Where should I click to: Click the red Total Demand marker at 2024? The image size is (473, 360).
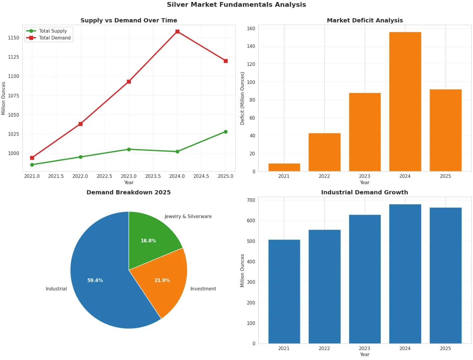(x=177, y=31)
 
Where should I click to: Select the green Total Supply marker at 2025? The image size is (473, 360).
(x=225, y=132)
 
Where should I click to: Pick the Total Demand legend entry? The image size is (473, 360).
(x=48, y=38)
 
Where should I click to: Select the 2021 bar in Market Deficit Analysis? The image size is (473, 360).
(x=284, y=167)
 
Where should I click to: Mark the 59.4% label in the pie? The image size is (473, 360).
(x=95, y=280)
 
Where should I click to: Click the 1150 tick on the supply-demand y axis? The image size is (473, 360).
(x=14, y=38)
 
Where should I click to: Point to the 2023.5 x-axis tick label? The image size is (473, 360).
(x=153, y=176)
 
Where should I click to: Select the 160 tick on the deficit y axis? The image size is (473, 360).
(x=251, y=28)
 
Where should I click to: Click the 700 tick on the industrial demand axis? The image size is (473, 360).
(x=251, y=200)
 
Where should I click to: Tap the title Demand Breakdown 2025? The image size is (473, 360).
(x=129, y=192)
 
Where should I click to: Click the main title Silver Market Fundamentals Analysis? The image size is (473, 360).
(x=236, y=5)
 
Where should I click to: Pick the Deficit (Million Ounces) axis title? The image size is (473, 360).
(x=242, y=98)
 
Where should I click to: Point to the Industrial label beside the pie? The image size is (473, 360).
(x=56, y=289)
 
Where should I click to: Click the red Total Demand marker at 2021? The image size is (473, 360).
(x=32, y=158)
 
